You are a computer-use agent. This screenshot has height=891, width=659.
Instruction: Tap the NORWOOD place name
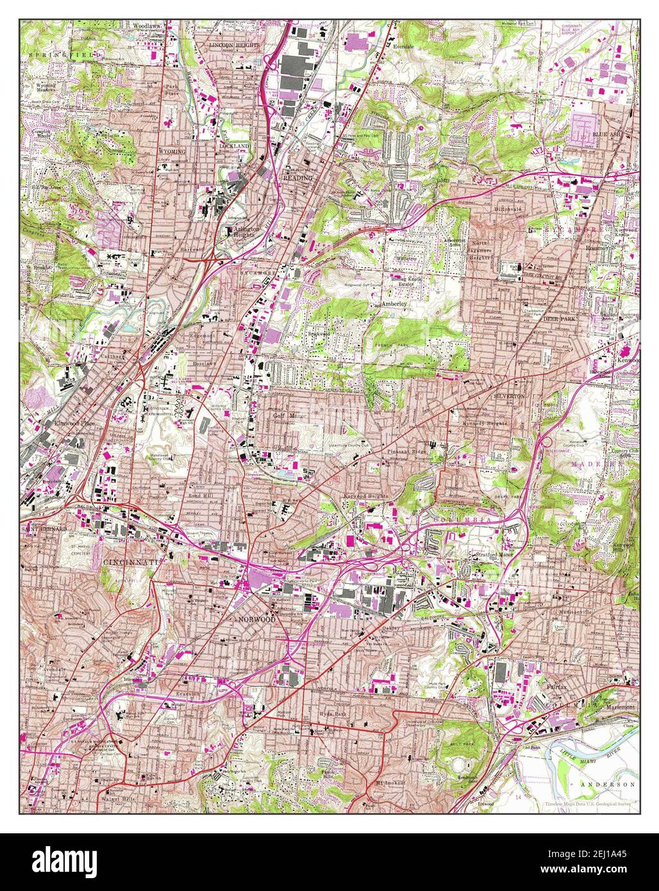click(256, 620)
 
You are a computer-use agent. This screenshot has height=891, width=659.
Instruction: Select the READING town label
click(298, 178)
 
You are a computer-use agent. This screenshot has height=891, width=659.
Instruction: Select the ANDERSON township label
click(607, 784)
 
